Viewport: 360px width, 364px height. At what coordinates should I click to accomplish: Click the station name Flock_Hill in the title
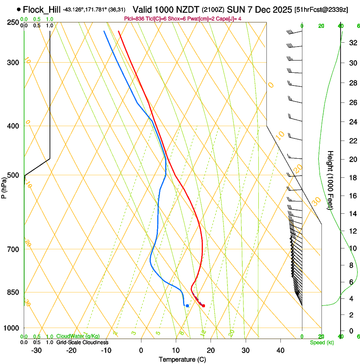pos(42,9)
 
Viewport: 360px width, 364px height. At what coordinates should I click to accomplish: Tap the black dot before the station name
pos(19,9)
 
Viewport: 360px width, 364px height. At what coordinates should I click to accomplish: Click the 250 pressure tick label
pos(13,22)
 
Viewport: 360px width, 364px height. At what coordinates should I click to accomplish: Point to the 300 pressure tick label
pos(13,63)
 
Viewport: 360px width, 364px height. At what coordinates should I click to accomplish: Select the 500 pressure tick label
pos(13,175)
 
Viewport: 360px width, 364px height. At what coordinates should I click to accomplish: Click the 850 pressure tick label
pos(13,292)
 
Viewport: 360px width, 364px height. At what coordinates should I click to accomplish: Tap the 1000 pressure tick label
pos(11,328)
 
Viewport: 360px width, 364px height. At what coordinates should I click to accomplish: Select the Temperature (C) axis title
pos(182,359)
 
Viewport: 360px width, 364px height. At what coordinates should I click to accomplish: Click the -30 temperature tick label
pos(36,350)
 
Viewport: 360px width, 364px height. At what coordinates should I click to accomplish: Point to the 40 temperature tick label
pos(280,350)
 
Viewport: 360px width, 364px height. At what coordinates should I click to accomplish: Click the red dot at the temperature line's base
pos(204,306)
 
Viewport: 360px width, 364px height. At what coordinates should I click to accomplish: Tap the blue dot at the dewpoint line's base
pos(187,306)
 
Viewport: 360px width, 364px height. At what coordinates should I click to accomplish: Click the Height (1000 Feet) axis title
pos(331,180)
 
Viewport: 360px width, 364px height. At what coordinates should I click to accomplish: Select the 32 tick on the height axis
pos(352,43)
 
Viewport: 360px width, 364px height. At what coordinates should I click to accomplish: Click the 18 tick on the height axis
pos(352,177)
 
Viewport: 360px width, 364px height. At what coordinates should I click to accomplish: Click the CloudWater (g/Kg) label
pos(75,336)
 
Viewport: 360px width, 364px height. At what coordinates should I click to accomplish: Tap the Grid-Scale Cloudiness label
pos(82,342)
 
